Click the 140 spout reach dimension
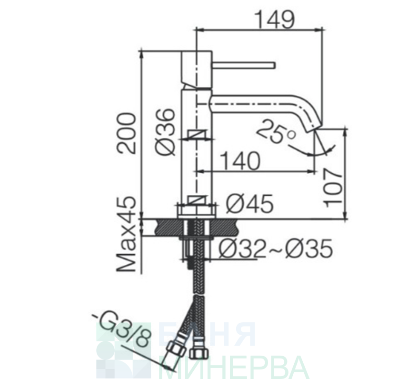[240, 161]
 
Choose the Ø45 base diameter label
[249, 203]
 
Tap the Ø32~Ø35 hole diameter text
[276, 248]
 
